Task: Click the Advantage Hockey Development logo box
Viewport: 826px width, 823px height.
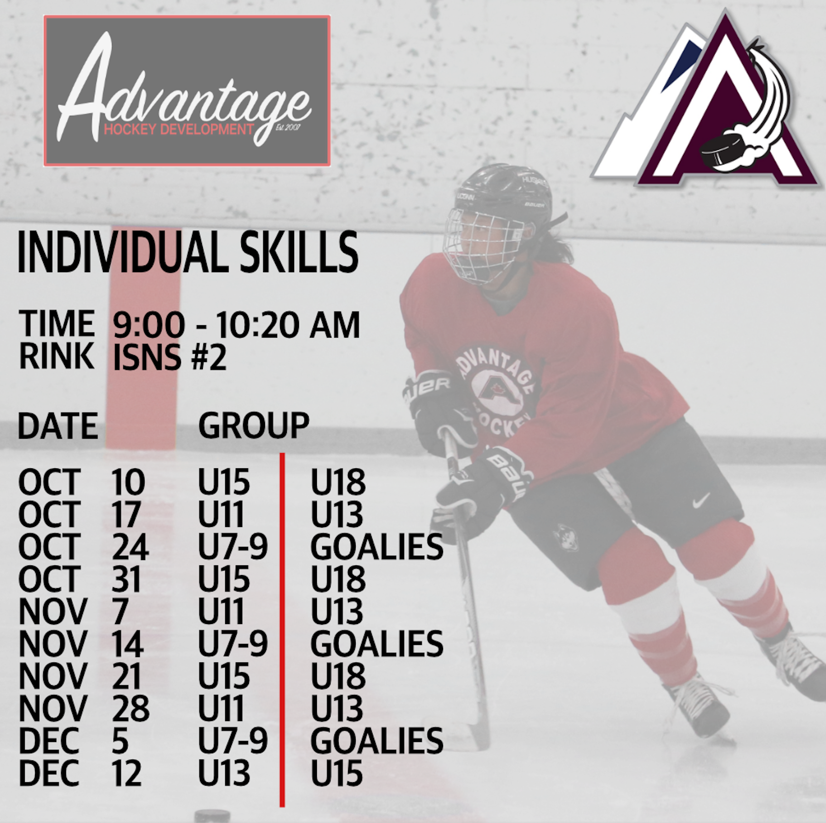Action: click(187, 91)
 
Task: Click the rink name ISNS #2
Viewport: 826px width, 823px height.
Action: click(170, 357)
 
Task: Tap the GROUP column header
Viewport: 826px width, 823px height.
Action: click(253, 426)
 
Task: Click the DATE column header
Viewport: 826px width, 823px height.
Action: click(58, 426)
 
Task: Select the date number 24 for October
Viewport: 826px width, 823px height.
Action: click(130, 547)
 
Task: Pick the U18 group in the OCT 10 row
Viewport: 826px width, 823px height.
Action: click(338, 482)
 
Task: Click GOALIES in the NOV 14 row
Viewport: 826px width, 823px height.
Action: click(377, 644)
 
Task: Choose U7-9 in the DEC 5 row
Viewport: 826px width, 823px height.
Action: click(233, 741)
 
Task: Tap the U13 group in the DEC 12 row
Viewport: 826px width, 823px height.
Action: click(224, 773)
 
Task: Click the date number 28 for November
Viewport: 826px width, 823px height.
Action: click(131, 708)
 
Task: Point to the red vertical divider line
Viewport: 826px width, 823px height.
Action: click(282, 629)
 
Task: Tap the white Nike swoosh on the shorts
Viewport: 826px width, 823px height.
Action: click(701, 501)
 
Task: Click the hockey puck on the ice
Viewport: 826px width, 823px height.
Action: click(212, 816)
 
